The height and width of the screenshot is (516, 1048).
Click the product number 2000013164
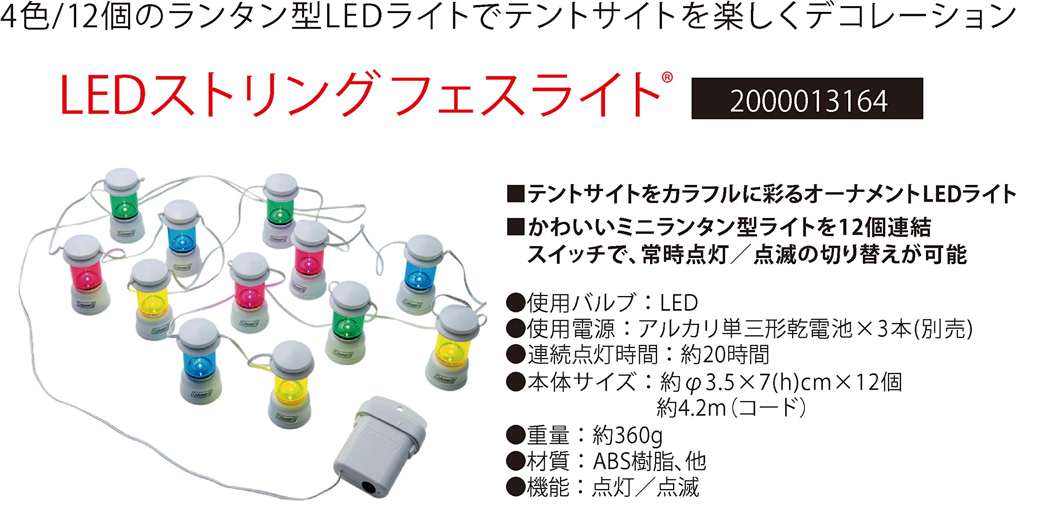809,101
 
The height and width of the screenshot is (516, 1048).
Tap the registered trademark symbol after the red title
667,77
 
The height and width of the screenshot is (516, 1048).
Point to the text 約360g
628,435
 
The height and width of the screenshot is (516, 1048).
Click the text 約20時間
725,354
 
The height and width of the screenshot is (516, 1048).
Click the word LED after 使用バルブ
679,303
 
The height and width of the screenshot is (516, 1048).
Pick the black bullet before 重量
515,435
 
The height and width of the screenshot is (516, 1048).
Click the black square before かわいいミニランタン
515,227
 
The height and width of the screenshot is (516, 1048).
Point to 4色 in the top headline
25,16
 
